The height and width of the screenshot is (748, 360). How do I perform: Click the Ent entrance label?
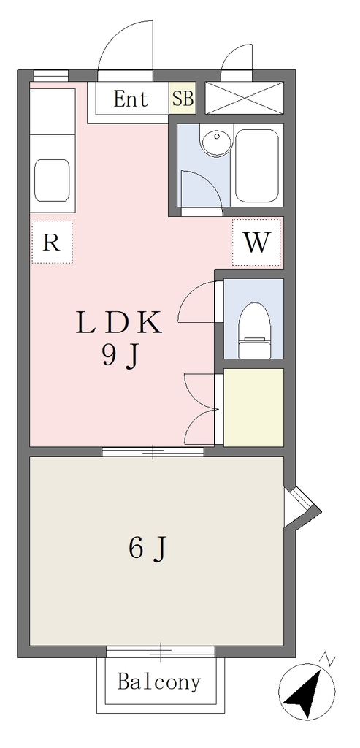(131, 99)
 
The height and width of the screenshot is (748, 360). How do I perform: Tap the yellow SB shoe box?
(183, 99)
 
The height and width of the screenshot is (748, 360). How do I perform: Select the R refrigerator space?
(52, 243)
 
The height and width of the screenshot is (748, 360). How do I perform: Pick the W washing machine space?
(258, 242)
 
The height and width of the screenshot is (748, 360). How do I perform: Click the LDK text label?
(119, 323)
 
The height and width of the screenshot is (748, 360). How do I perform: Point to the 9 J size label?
(120, 356)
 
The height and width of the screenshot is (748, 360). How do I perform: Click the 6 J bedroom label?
(148, 549)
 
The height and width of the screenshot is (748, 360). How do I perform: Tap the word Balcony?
(159, 682)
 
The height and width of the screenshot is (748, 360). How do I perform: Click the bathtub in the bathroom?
(257, 165)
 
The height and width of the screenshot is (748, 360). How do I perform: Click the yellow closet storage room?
(253, 407)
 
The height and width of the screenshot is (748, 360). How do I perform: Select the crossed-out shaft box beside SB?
(244, 98)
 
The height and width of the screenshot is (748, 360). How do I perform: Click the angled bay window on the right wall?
(301, 507)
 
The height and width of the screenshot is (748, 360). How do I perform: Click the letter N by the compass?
(329, 660)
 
